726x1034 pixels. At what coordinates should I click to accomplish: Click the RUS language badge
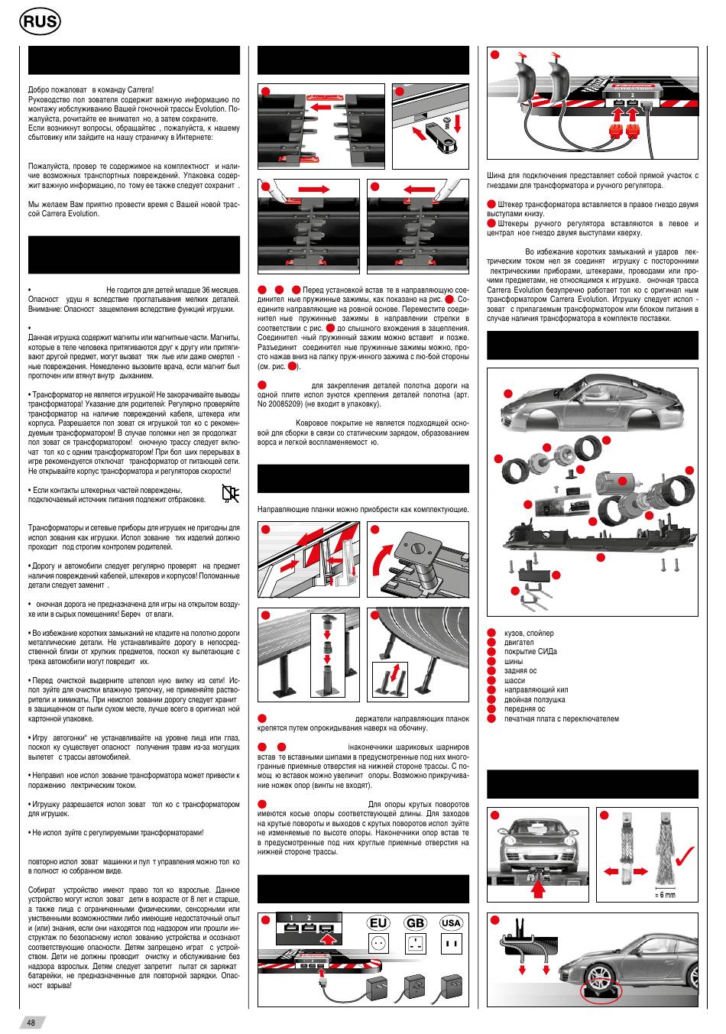pos(39,23)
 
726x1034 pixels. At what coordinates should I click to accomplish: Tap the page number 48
pos(31,1023)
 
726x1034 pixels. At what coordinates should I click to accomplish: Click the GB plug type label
pos(415,923)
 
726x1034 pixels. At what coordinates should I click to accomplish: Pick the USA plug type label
pos(451,923)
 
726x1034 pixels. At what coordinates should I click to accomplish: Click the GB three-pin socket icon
pos(415,945)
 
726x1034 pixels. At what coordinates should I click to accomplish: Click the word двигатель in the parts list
pos(519,643)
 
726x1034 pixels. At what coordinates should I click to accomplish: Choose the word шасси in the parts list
pos(514,680)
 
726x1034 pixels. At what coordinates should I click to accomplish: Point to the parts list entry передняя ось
pos(525,708)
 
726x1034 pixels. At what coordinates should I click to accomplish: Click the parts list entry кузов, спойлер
pos(529,634)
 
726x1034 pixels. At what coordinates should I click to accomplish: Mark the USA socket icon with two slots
pos(451,945)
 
